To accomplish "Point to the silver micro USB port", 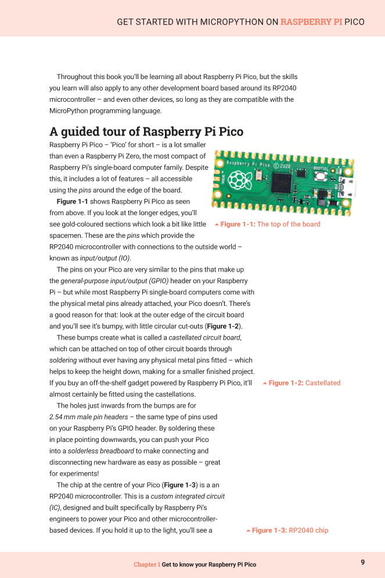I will tap(355, 189).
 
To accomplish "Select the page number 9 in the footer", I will tap(362, 562).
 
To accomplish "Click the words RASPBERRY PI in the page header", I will tap(311, 22).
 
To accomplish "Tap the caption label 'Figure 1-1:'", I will tap(238, 224).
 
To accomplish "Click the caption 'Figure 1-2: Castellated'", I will tap(304, 383).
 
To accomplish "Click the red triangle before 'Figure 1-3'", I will tap(248, 531).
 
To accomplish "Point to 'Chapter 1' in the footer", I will tap(146, 565).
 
